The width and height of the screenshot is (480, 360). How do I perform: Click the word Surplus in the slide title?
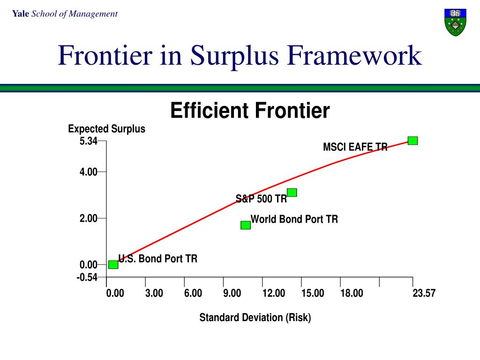(x=239, y=56)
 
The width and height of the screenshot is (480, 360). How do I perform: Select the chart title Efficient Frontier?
(x=250, y=111)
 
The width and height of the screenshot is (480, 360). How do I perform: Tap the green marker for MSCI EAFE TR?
(x=412, y=141)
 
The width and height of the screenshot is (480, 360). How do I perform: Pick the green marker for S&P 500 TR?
(x=292, y=193)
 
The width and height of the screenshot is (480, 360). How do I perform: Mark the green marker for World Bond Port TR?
(x=246, y=225)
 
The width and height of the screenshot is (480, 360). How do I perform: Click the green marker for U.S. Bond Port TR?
(x=113, y=264)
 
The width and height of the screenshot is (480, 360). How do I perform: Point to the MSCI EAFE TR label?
(x=355, y=147)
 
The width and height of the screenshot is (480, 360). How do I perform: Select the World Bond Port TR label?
(x=294, y=219)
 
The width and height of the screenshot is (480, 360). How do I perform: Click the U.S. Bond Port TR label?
(x=158, y=259)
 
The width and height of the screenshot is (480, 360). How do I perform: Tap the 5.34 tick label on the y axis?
(x=88, y=141)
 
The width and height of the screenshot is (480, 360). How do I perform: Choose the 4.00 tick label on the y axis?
(x=88, y=172)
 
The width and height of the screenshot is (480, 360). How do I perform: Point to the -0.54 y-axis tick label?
(x=87, y=277)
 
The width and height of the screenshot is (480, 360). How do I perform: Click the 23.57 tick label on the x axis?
(x=424, y=293)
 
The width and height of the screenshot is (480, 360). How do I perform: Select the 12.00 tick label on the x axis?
(x=274, y=293)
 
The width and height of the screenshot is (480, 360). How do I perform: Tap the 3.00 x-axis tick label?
(x=154, y=293)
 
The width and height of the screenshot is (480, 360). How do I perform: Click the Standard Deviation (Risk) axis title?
(x=255, y=318)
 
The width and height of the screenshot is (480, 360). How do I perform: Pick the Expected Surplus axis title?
(x=106, y=129)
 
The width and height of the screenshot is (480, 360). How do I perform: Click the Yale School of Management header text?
(x=65, y=14)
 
